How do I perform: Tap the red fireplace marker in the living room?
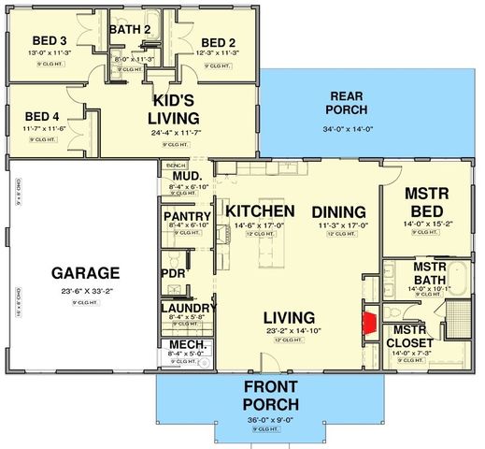coord(369,324)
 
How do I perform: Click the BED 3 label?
coord(49,41)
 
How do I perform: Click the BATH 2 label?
coord(130,29)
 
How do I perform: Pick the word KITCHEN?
coord(261,210)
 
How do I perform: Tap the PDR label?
coord(174,273)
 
